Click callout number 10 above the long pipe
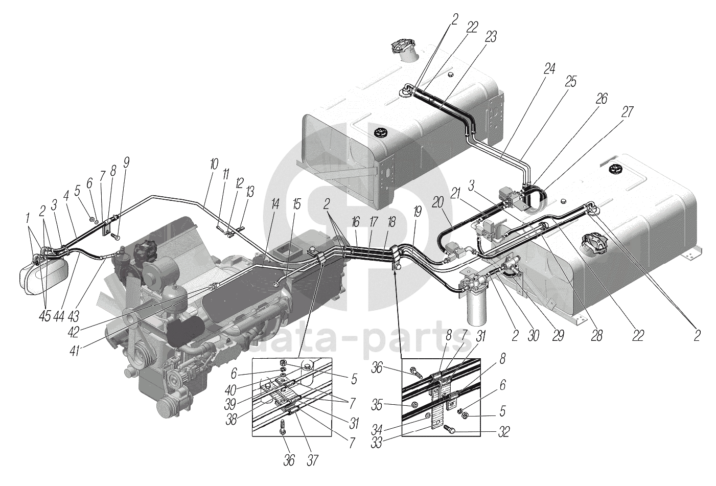(213, 165)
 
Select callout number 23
(491, 36)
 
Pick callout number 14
(275, 205)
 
